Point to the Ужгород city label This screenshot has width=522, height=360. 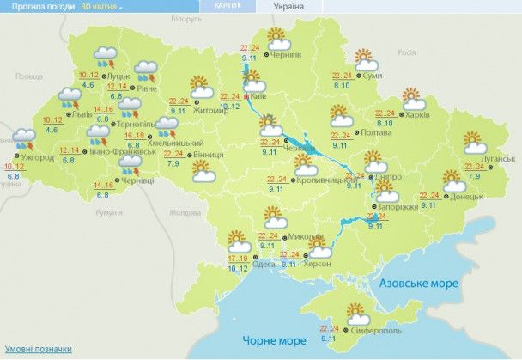[38, 158]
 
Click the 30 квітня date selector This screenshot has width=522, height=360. [100, 6]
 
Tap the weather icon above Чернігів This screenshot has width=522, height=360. [277, 39]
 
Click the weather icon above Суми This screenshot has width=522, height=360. [367, 60]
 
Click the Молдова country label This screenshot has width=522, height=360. [185, 212]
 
